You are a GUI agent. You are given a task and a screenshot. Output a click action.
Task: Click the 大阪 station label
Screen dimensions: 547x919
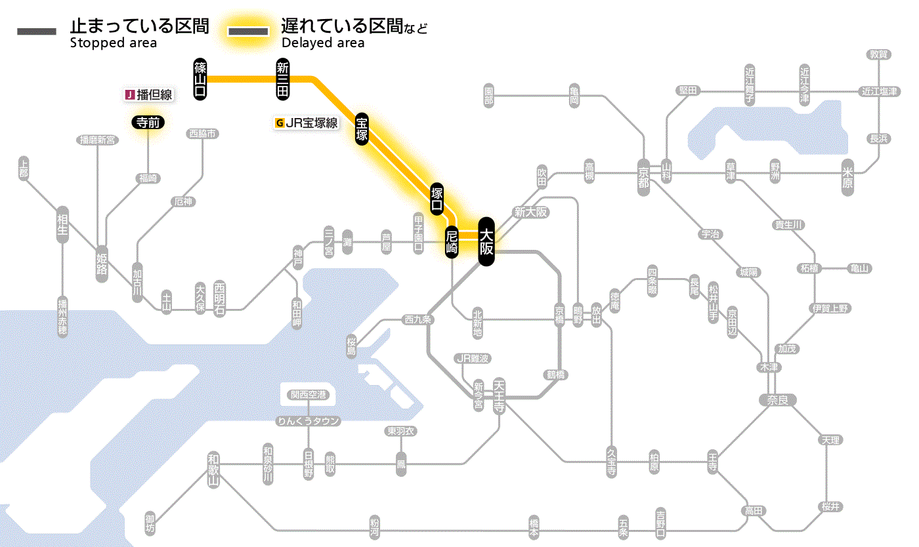(486, 241)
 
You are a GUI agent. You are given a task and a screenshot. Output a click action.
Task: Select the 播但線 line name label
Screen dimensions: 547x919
(149, 95)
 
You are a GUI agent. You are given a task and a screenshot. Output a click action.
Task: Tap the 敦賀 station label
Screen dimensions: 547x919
(878, 54)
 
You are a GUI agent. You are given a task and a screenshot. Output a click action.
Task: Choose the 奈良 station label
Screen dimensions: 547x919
(777, 399)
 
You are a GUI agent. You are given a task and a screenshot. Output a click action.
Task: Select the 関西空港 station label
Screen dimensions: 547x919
(312, 395)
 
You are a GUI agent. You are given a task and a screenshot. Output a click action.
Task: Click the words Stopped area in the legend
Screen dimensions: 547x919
(113, 43)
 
